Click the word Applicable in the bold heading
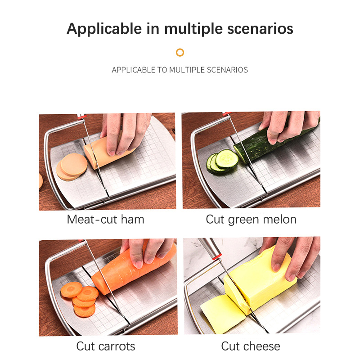click(x=104, y=29)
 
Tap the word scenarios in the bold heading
click(x=260, y=29)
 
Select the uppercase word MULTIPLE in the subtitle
click(x=187, y=70)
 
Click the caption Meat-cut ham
click(x=106, y=219)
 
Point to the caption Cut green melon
click(x=251, y=220)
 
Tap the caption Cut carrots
click(x=106, y=346)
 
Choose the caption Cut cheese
click(x=251, y=346)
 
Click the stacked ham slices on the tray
click(x=72, y=167)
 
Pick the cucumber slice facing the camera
click(x=227, y=159)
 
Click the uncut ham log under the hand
click(x=103, y=152)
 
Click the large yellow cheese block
click(x=260, y=280)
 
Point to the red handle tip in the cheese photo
click(x=217, y=256)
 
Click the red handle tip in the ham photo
click(x=82, y=117)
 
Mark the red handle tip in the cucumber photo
click(x=226, y=114)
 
